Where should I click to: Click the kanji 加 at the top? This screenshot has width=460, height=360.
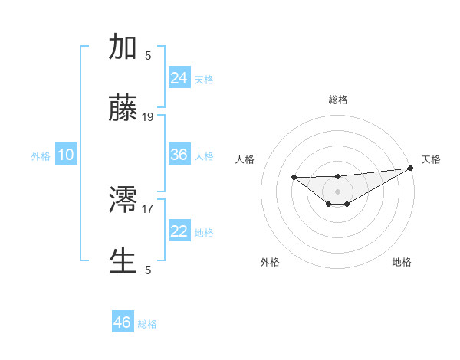(x=123, y=47)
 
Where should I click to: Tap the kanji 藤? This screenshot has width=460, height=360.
(x=123, y=109)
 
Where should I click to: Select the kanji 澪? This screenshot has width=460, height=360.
(x=123, y=200)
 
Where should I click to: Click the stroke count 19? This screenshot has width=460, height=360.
(x=148, y=117)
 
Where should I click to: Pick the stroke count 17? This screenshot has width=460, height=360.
(x=148, y=208)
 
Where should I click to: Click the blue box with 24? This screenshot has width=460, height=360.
(x=179, y=77)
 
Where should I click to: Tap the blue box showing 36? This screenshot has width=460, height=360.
(x=179, y=155)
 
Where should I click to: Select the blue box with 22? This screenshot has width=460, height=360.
(x=179, y=231)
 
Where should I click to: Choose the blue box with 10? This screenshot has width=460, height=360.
(x=66, y=155)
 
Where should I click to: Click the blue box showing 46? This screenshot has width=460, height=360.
(x=123, y=322)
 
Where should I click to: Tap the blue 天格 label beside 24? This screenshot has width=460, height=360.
(x=204, y=79)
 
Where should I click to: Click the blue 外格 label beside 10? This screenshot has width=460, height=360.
(x=41, y=156)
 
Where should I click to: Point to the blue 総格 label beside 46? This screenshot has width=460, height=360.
(x=147, y=324)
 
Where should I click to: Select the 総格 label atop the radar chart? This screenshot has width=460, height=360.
(x=338, y=100)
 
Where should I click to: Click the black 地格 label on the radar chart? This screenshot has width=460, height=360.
(x=402, y=262)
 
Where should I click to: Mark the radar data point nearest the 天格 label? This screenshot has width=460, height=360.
(x=411, y=168)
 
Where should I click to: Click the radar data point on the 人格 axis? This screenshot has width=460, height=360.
(x=294, y=178)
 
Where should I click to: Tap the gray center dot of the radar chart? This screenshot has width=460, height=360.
(x=338, y=191)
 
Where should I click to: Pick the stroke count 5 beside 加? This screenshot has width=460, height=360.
(x=148, y=55)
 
